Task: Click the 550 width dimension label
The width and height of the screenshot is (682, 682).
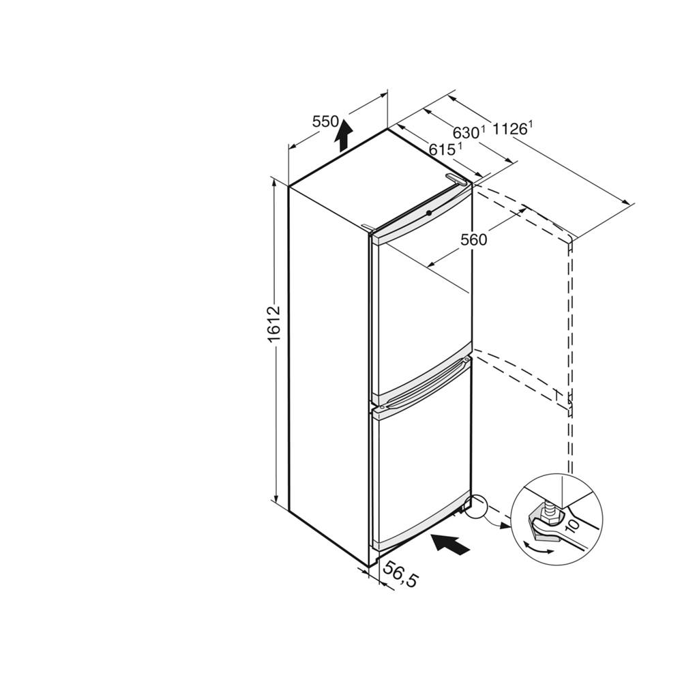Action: point(325,123)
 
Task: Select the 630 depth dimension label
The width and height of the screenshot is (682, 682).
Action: point(469,132)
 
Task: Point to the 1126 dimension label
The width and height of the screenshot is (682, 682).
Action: point(512,128)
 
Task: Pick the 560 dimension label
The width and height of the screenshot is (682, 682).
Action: point(473,239)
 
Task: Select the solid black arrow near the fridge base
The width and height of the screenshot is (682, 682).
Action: point(451,544)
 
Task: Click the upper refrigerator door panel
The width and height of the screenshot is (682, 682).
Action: point(421,307)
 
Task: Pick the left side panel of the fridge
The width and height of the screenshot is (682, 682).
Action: point(328,368)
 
